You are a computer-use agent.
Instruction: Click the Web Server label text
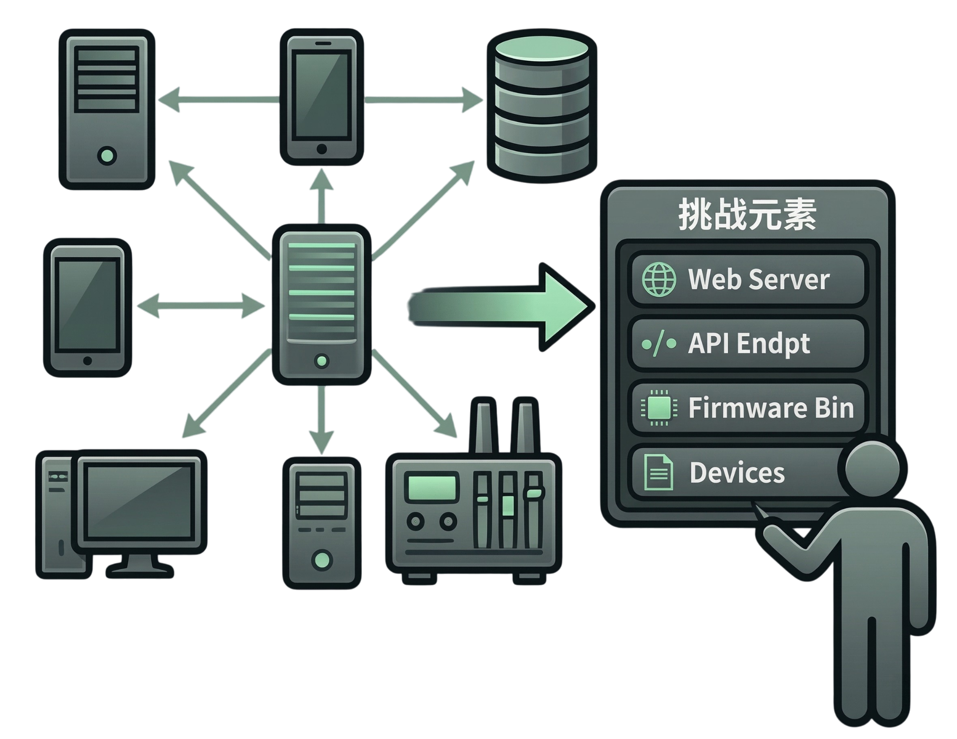click(758, 279)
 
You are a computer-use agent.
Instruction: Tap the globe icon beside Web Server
click(659, 280)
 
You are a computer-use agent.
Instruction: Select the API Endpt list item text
click(749, 343)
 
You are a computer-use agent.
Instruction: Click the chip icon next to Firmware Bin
click(659, 408)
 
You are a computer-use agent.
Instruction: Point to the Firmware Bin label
click(771, 408)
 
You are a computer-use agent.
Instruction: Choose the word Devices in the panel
click(737, 473)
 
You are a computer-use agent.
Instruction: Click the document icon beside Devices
click(658, 473)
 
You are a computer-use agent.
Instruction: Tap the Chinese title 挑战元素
click(747, 216)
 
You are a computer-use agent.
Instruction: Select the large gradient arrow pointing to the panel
click(498, 307)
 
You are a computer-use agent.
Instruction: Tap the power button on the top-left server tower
click(107, 155)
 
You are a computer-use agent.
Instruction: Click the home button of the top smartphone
click(322, 149)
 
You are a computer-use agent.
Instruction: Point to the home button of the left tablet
click(87, 361)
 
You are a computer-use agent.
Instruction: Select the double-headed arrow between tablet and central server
click(201, 305)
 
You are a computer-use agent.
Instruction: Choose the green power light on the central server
click(322, 361)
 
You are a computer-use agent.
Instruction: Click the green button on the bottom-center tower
click(322, 560)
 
